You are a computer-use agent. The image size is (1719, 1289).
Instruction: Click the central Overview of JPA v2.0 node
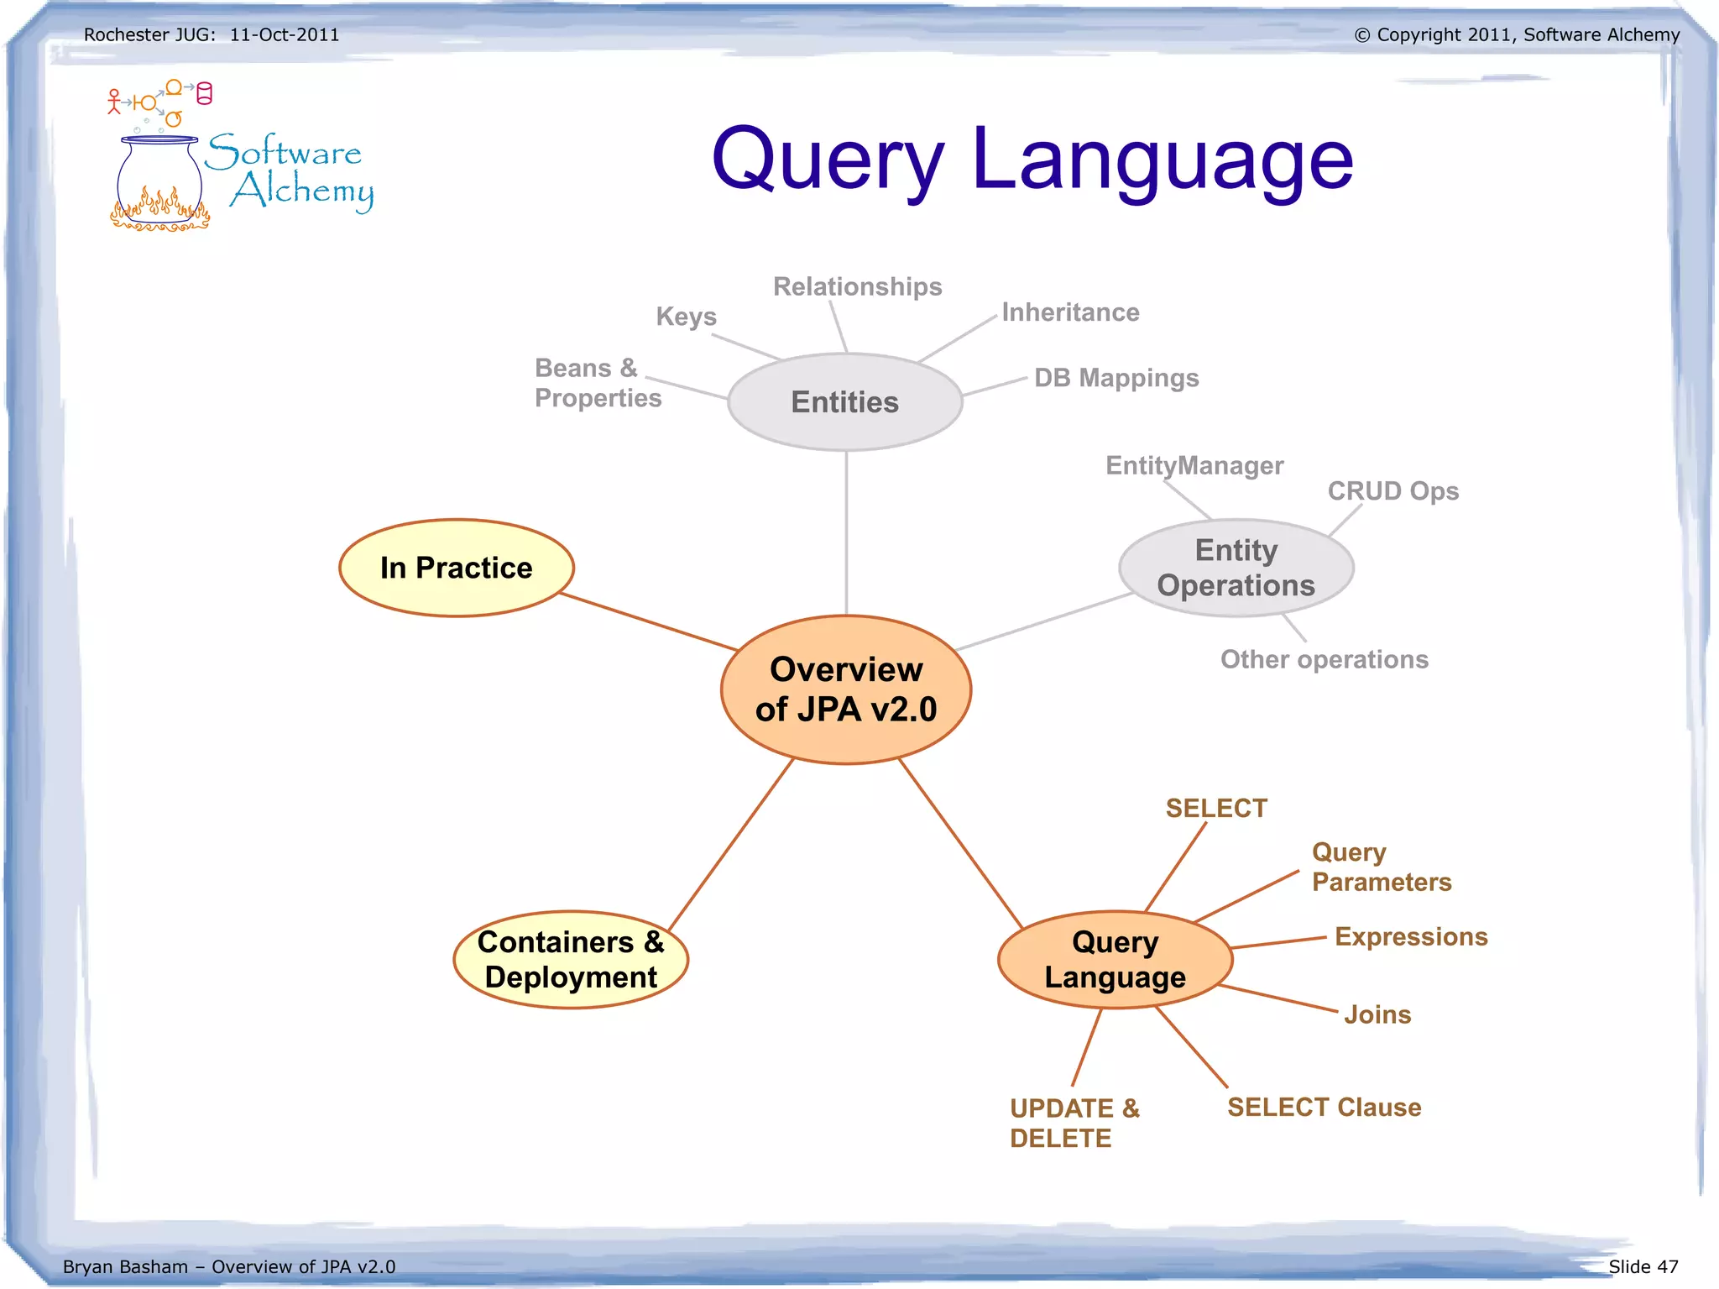point(846,689)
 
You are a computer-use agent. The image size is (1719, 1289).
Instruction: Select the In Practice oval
point(456,569)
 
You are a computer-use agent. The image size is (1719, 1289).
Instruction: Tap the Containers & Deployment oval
point(571,960)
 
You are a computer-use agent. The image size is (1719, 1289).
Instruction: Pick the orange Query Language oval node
point(1115,960)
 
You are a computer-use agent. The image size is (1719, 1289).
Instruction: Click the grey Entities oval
point(844,402)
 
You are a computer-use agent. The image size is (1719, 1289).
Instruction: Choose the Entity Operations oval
point(1236,569)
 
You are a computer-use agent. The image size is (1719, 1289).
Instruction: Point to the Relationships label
point(857,287)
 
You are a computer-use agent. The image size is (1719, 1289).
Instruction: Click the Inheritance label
point(1070,312)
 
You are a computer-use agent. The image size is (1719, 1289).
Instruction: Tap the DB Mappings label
point(1116,378)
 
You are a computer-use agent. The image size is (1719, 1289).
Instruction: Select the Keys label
point(686,317)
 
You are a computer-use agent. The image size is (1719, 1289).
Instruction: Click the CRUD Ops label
point(1392,491)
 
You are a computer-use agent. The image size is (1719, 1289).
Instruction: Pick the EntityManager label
point(1194,465)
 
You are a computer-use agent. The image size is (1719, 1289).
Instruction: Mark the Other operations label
point(1324,660)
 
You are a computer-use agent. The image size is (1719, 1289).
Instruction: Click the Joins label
point(1377,1014)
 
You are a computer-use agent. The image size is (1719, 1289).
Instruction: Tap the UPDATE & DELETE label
point(1074,1124)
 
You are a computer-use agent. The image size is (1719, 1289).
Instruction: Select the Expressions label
point(1411,937)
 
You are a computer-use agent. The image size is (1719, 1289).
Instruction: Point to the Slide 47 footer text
point(1643,1266)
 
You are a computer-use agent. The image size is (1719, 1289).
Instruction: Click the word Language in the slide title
point(1163,160)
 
